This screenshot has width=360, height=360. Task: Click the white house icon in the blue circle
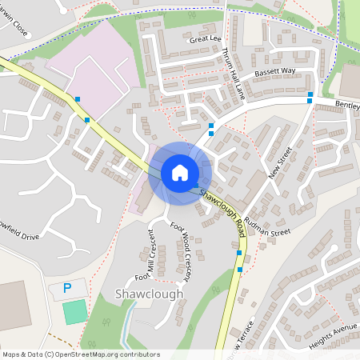pos(179,172)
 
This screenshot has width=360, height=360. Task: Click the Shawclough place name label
pos(148,294)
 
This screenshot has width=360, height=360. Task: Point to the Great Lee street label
pos(203,38)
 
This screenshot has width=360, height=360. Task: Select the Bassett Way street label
pos(274,71)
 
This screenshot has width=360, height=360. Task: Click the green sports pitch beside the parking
pos(74,311)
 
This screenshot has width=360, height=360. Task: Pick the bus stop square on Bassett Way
pos(310,98)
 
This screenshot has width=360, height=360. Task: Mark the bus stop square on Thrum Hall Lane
pos(211,126)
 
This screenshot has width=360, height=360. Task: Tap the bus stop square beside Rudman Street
pos(238,254)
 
